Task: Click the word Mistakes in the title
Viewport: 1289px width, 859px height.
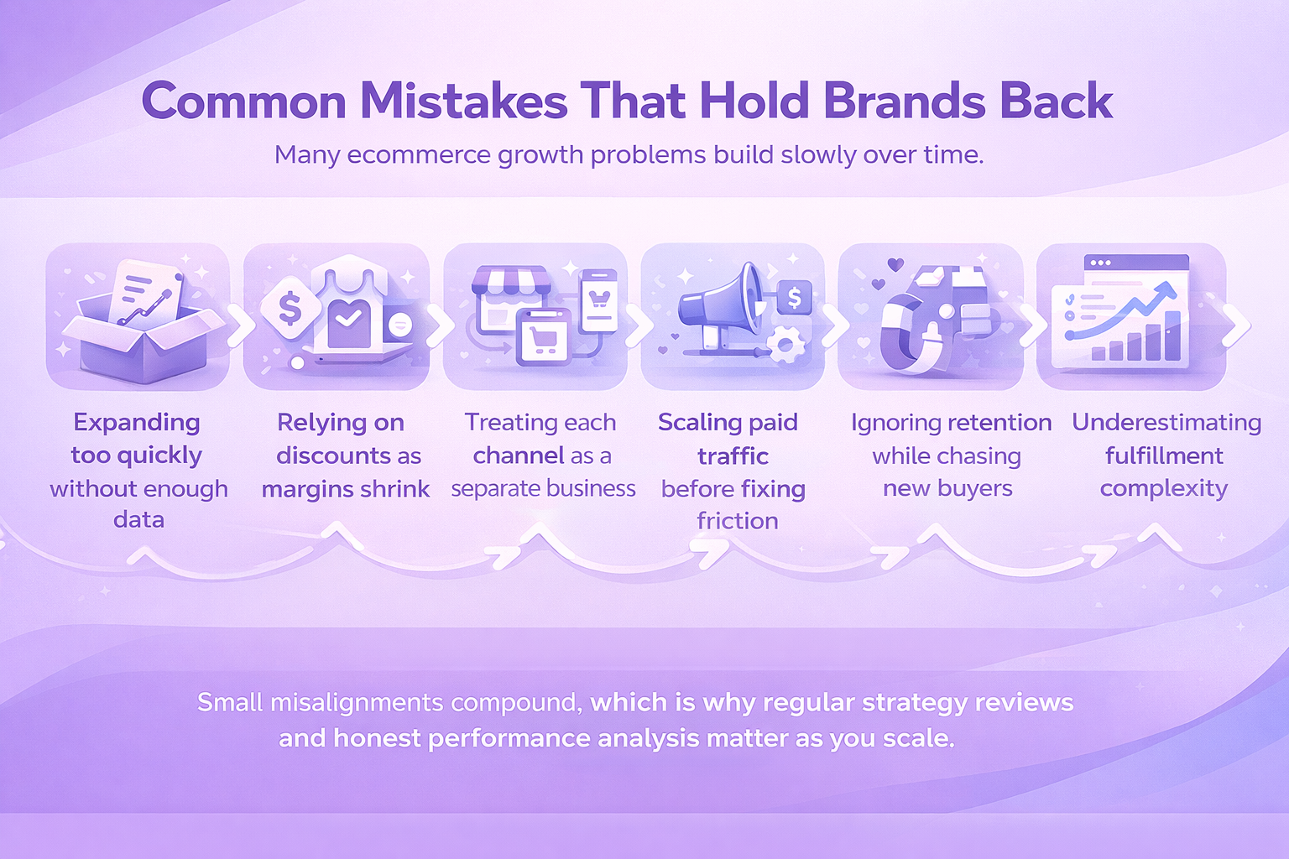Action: click(464, 102)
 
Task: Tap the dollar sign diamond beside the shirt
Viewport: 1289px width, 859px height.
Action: click(290, 309)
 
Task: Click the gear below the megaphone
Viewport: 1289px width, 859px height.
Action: click(786, 345)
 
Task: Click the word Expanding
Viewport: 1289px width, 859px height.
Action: click(137, 422)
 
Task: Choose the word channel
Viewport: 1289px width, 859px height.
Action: click(519, 456)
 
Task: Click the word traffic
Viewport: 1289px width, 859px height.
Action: click(733, 456)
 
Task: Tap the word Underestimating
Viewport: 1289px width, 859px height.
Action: click(1166, 422)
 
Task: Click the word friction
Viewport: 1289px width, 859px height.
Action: click(737, 521)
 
